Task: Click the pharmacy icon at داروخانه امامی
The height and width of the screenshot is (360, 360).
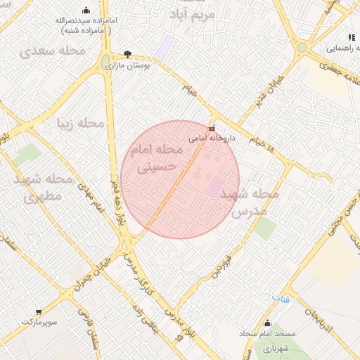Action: [212, 129]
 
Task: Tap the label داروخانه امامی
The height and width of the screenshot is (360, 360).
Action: [212, 139]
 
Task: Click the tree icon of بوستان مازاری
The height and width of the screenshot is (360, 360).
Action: [127, 54]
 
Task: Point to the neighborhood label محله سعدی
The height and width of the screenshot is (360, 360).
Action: [52, 51]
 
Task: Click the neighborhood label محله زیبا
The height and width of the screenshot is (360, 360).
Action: [80, 124]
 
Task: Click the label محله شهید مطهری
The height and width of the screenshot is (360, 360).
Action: [44, 187]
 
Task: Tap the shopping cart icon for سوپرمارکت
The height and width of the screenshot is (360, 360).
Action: [38, 311]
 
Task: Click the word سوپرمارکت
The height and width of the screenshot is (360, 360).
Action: [38, 321]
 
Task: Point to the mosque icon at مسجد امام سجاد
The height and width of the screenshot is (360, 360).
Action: [267, 323]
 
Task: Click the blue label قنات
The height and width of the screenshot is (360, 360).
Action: [281, 300]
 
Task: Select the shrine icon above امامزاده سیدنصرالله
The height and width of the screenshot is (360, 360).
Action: [86, 11]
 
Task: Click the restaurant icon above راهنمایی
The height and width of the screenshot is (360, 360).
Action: [351, 37]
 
